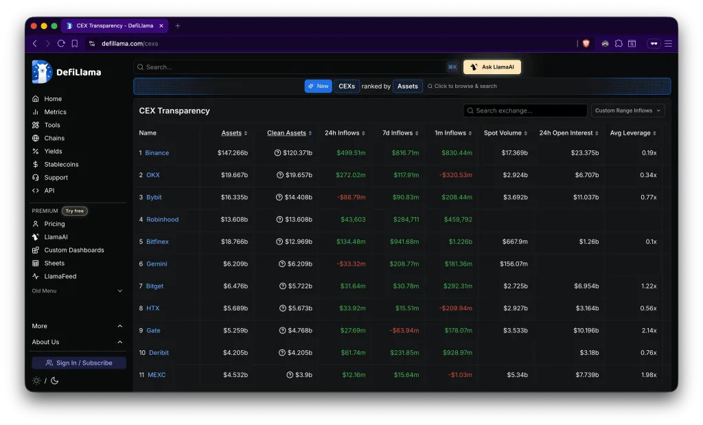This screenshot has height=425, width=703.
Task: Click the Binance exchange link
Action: [x=157, y=153]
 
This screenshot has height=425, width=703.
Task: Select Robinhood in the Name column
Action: [x=162, y=219]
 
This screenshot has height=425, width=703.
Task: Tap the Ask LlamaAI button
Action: [x=492, y=67]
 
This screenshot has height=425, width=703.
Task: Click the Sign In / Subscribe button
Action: [x=79, y=363]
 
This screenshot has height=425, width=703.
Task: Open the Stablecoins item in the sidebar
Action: [x=61, y=164]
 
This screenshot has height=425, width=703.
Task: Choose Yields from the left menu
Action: [x=53, y=151]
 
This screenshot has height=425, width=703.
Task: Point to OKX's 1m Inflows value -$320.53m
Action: [x=456, y=175]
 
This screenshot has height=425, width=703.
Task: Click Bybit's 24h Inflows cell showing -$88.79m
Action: [x=351, y=197]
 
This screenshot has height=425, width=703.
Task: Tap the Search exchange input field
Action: [x=525, y=111]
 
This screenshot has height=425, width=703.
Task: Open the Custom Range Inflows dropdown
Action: [x=627, y=111]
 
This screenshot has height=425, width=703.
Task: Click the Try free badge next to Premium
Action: [x=74, y=211]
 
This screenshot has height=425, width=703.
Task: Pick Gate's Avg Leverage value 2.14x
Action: [x=649, y=330]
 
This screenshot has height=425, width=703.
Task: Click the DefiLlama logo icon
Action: [x=42, y=71]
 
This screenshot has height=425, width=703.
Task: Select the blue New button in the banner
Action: [x=318, y=86]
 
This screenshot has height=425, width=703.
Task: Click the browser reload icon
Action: [x=61, y=43]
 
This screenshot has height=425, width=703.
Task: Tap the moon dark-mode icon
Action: [x=55, y=380]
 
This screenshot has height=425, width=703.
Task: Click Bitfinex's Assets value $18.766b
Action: [x=234, y=242]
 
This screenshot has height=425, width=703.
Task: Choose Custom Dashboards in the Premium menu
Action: [x=74, y=250]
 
